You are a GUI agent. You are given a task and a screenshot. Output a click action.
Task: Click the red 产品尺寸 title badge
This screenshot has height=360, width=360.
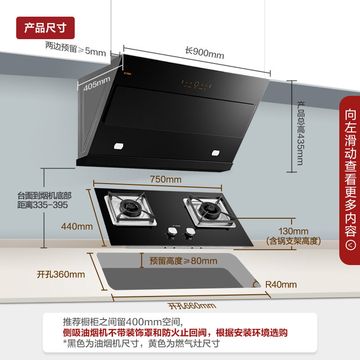pyautogui.click(x=45, y=28)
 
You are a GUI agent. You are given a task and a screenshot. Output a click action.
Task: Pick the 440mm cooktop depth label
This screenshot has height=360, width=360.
pyautogui.click(x=77, y=226)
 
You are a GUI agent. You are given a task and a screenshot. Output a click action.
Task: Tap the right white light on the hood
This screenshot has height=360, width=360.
pyautogui.click(x=216, y=153)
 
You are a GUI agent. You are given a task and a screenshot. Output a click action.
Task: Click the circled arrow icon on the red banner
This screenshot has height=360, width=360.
pyautogui.click(x=351, y=245)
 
